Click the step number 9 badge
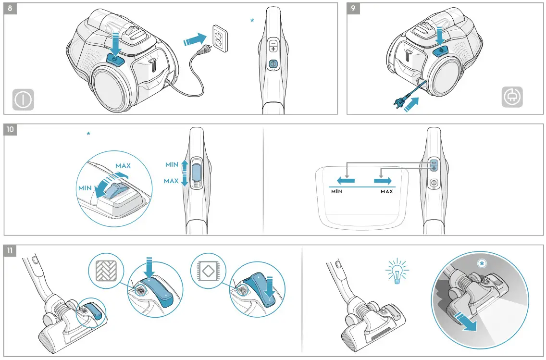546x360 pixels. coord(353,9)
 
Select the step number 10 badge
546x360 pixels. coord(11,130)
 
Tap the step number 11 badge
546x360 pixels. coord(11,251)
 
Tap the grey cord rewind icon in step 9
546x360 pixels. coord(512,98)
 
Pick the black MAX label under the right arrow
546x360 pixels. coord(386,191)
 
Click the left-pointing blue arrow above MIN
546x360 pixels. coord(345,181)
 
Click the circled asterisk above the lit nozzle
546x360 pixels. coord(482,263)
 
